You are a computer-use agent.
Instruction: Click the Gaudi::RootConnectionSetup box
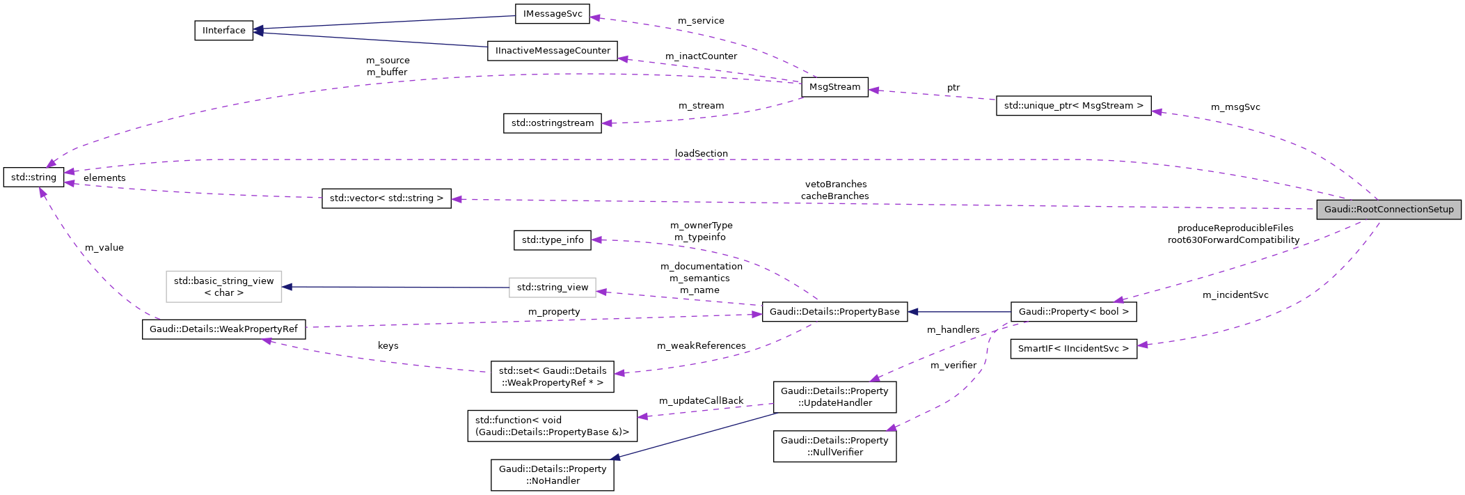pyautogui.click(x=1388, y=210)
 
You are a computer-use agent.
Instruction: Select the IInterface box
pyautogui.click(x=223, y=31)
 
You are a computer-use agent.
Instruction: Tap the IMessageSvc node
pyautogui.click(x=553, y=14)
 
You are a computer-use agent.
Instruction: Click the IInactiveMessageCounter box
pyautogui.click(x=553, y=51)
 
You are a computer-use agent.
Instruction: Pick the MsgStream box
pyautogui.click(x=834, y=87)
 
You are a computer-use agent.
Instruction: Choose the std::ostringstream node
pyautogui.click(x=553, y=123)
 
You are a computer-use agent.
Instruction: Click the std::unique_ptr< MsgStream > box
pyautogui.click(x=1073, y=106)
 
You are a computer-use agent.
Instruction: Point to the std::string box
pyautogui.click(x=33, y=178)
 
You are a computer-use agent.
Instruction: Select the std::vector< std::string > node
pyautogui.click(x=386, y=198)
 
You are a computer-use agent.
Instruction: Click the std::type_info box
pyautogui.click(x=553, y=240)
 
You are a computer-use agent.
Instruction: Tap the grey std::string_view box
pyautogui.click(x=553, y=288)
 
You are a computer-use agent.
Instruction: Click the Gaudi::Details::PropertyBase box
pyautogui.click(x=834, y=312)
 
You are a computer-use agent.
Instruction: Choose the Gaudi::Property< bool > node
pyautogui.click(x=1073, y=312)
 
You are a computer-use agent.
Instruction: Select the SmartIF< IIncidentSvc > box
pyautogui.click(x=1073, y=349)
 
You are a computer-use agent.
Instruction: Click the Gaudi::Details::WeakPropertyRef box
pyautogui.click(x=223, y=329)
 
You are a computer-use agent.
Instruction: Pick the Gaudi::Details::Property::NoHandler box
pyautogui.click(x=553, y=475)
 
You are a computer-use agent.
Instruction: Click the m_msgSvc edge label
pyautogui.click(x=1235, y=107)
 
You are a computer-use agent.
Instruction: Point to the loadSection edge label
pyautogui.click(x=701, y=154)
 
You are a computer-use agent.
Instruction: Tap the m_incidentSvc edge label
pyautogui.click(x=1235, y=295)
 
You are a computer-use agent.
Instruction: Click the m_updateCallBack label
pyautogui.click(x=701, y=401)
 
